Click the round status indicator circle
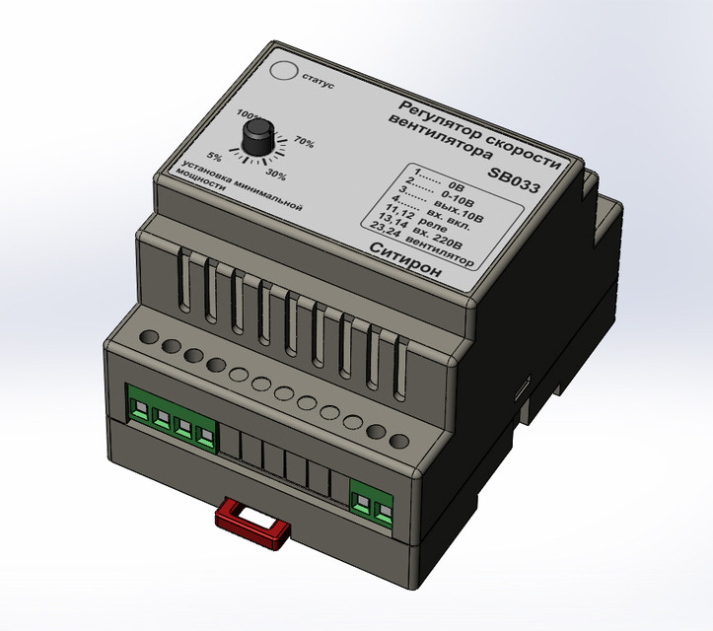(286, 72)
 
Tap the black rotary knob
(259, 138)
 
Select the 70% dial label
(304, 143)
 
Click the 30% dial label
(276, 175)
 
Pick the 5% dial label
(215, 157)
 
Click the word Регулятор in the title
(440, 115)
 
